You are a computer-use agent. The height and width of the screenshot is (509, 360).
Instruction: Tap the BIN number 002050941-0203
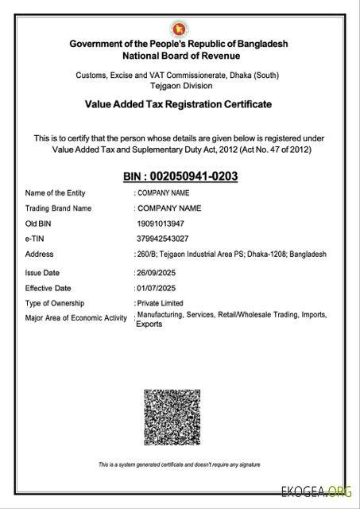click(x=180, y=176)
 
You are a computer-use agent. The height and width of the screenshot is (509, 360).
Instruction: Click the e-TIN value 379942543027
click(x=162, y=239)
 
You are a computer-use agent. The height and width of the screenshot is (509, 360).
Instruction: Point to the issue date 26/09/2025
click(x=159, y=272)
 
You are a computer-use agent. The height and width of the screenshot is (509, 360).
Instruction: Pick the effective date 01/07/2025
click(x=159, y=288)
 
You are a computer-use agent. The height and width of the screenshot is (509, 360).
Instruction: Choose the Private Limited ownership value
click(x=161, y=303)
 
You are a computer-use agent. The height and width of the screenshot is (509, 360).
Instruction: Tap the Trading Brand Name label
click(x=59, y=208)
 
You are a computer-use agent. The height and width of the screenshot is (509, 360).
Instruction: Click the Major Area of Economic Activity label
click(x=76, y=319)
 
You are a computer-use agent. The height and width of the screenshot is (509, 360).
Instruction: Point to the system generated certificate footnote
click(x=179, y=464)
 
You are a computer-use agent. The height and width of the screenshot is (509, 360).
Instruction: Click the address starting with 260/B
click(x=230, y=254)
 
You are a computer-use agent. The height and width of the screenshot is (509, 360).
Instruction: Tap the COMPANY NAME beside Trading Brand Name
click(x=169, y=208)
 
